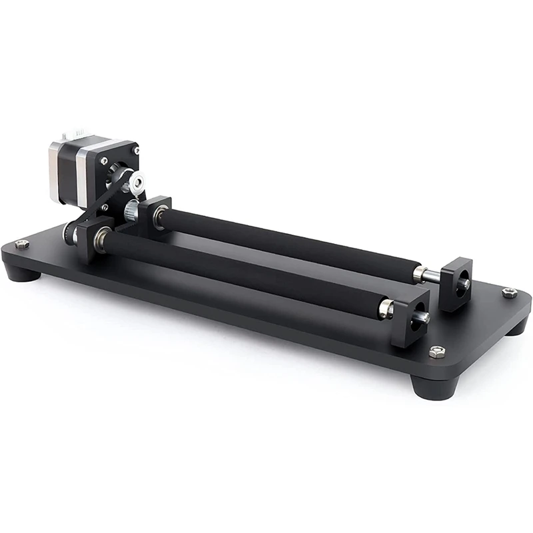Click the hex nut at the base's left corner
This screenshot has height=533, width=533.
(x=22, y=245)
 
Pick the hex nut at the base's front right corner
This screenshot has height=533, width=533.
(x=436, y=352)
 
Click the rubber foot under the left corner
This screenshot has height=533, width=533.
(x=20, y=273)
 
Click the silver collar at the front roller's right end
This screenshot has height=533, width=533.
(x=386, y=307)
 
